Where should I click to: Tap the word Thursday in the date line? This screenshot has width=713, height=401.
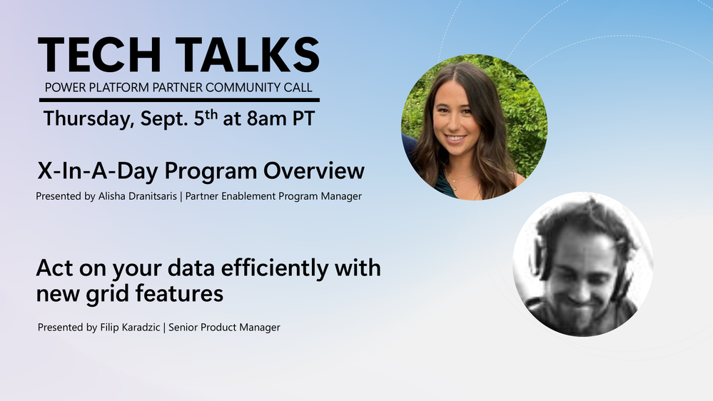(x=89, y=119)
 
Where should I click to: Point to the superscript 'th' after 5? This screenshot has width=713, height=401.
(x=211, y=113)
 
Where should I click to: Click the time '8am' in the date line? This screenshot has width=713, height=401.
(x=268, y=119)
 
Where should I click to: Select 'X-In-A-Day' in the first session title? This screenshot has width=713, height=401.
(x=98, y=171)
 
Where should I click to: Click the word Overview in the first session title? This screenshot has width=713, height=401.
(x=314, y=171)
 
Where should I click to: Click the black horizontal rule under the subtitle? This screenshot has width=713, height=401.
(x=180, y=100)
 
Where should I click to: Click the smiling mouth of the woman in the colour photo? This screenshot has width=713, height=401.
(x=455, y=138)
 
